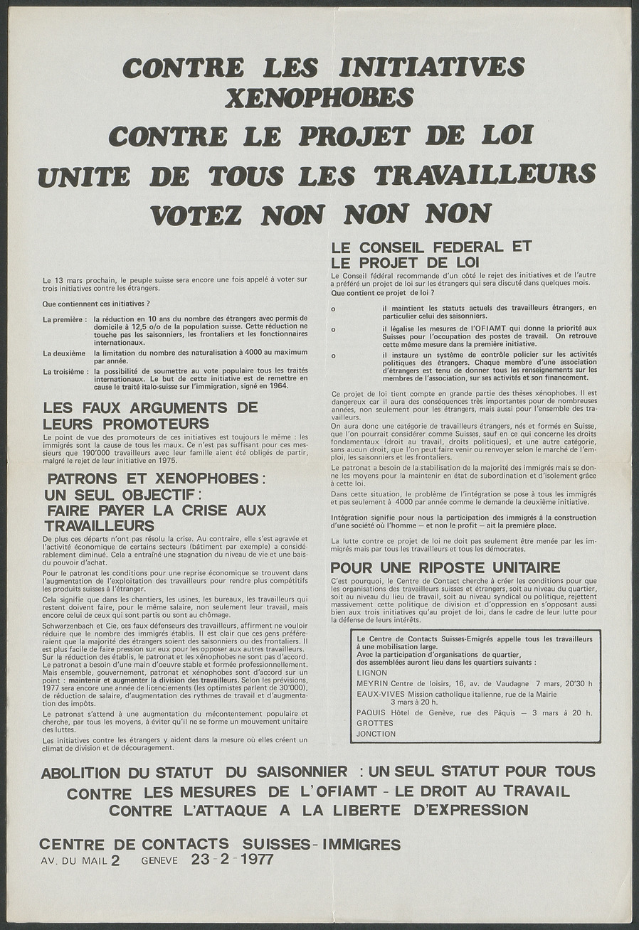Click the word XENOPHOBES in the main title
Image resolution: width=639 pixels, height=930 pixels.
coord(319,98)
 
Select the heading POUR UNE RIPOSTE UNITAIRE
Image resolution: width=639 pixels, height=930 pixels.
coord(445,567)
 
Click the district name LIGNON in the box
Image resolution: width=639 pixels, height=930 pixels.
coord(372,671)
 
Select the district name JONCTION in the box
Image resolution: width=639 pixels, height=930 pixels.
coord(376,734)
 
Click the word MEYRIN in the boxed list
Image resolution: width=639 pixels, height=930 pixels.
coord(373,683)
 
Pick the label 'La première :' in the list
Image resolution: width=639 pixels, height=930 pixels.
coord(65,319)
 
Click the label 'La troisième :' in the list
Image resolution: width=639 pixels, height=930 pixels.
coord(65,371)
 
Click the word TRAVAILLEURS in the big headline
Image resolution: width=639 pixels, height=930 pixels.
coord(485,175)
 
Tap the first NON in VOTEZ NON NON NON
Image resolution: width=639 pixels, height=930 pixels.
coord(292,214)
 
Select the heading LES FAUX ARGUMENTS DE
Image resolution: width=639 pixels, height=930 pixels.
coord(151,408)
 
